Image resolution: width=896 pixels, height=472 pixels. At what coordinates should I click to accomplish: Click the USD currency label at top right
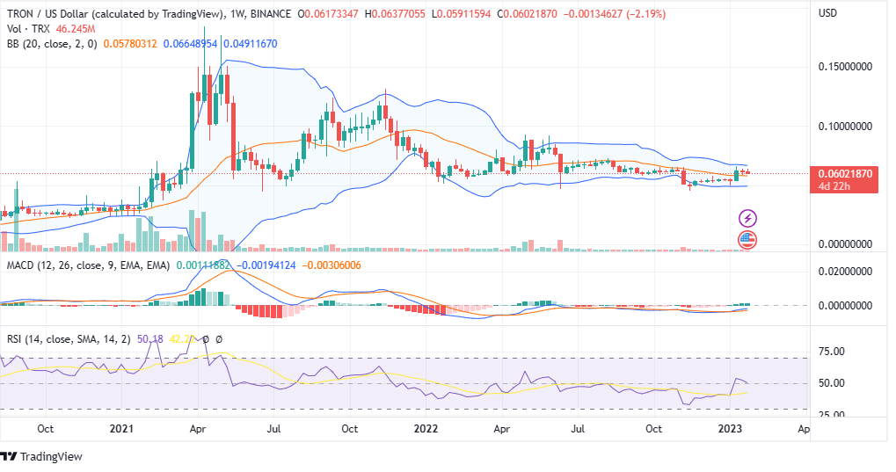pos(827,13)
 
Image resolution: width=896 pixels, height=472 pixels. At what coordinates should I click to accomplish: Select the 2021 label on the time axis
pos(120,429)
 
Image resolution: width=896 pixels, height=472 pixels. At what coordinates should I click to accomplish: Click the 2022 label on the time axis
pos(426,429)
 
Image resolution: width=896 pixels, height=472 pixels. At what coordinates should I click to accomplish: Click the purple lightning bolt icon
pos(747,218)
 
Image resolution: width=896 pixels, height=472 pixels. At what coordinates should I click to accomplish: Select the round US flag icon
pos(747,239)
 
